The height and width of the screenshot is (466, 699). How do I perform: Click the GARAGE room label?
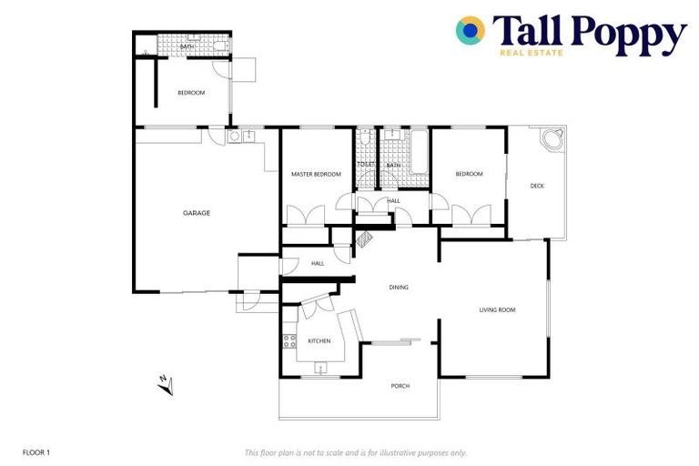point(197,213)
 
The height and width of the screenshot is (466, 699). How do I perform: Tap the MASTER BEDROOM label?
point(316,174)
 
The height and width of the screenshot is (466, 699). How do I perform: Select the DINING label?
point(399,288)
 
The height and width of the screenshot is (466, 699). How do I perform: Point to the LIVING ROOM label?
point(497,310)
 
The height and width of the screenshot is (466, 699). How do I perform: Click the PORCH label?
point(400,386)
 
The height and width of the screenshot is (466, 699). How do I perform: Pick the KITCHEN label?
point(319,341)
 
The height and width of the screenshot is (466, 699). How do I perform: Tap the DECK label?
point(537,187)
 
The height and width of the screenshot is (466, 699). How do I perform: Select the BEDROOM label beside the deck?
point(469,174)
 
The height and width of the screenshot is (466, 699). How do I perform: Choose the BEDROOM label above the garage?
point(191,93)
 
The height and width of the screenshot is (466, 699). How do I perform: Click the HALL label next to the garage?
point(318,264)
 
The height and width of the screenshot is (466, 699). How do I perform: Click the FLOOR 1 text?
point(36,452)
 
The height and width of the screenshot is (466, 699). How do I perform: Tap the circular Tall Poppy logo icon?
point(471,31)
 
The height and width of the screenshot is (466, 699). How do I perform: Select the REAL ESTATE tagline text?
point(532,53)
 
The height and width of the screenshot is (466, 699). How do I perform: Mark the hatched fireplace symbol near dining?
point(364,238)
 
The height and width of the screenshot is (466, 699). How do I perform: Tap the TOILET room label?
point(366,165)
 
